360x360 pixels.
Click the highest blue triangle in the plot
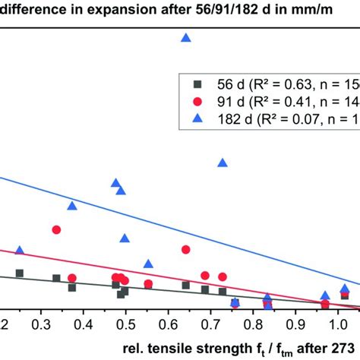[x=185, y=37]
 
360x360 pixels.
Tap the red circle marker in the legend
[x=197, y=101]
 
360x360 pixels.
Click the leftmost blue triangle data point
[x=20, y=251]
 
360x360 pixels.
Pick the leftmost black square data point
[x=20, y=273]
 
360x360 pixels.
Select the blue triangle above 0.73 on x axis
[x=223, y=163]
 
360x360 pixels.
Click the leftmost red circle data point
[x=56, y=229]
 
